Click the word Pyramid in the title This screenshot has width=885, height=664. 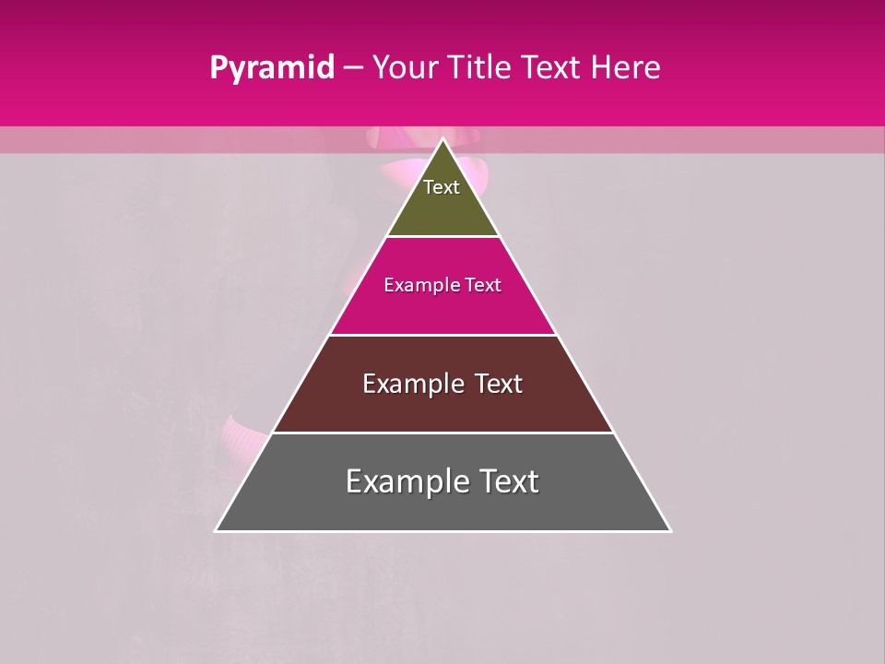coord(271,68)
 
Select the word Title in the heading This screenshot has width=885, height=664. coord(481,68)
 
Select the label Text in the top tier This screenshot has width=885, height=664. coord(442,187)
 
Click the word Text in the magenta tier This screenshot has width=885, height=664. coord(482,285)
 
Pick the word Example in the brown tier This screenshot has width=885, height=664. coord(411,384)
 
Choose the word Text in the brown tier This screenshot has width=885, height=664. coord(498,384)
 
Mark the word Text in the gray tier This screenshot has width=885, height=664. coord(508,481)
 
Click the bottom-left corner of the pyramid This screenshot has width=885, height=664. coord(217,530)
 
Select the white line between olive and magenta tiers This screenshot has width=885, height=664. coord(442,237)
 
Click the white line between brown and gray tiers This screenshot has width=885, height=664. coord(442,433)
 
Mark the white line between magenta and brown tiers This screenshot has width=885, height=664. coord(442,335)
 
